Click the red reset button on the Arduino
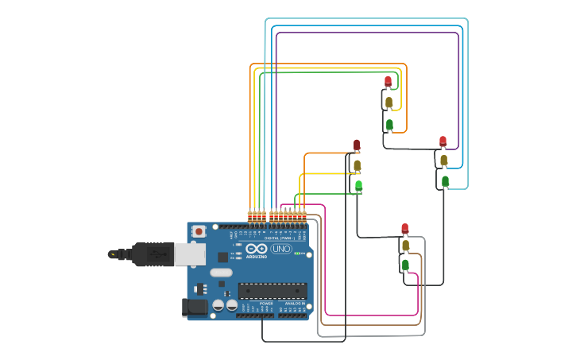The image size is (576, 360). click(199, 231)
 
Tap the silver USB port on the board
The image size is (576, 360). click(189, 254)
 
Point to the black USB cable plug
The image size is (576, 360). click(151, 254)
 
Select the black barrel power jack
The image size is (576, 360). click(195, 307)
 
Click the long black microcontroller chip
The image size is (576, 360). click(272, 291)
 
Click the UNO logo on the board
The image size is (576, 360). click(281, 249)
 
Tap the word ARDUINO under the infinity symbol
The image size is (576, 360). click(257, 257)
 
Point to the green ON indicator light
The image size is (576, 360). click(300, 254)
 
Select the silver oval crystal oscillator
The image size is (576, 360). click(221, 273)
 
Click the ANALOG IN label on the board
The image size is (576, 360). click(294, 304)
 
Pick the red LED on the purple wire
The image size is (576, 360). click(443, 141)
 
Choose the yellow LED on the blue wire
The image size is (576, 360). click(444, 160)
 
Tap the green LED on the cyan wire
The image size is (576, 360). click(446, 181)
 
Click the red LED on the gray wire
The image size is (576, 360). click(404, 229)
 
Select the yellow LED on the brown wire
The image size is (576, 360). click(405, 246)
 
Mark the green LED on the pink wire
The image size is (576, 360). click(405, 265)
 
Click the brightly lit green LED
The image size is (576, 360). click(358, 186)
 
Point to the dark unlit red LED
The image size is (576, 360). click(357, 145)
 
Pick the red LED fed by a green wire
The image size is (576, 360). click(388, 81)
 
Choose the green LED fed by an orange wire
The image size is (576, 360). click(389, 125)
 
